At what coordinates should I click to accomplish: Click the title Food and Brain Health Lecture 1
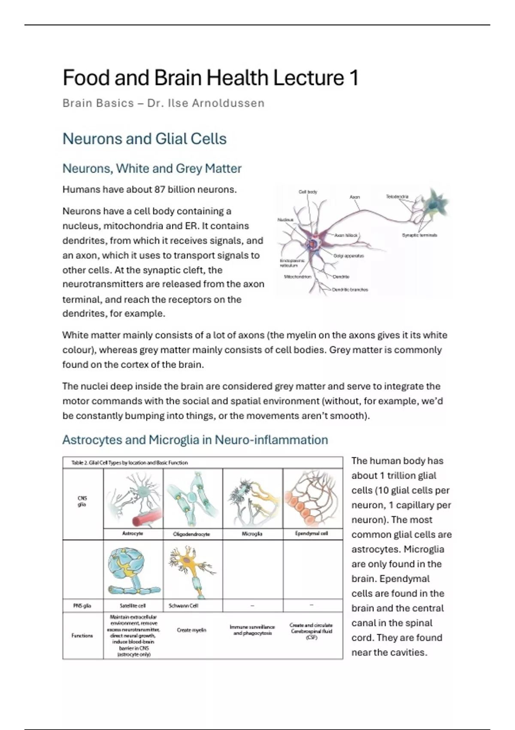pyautogui.click(x=210, y=78)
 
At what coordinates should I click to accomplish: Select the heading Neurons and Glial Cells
pyautogui.click(x=144, y=139)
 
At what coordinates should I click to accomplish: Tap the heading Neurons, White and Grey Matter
pyautogui.click(x=152, y=168)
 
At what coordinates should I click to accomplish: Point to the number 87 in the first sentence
pyautogui.click(x=160, y=189)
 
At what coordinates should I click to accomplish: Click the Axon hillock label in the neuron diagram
pyautogui.click(x=346, y=235)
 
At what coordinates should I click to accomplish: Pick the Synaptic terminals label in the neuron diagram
pyautogui.click(x=419, y=235)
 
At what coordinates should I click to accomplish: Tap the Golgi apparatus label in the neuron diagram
pyautogui.click(x=348, y=256)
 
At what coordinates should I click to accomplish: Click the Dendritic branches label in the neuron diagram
pyautogui.click(x=350, y=289)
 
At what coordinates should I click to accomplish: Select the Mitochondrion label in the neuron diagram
pyautogui.click(x=297, y=277)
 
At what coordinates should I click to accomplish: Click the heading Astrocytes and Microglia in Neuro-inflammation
pyautogui.click(x=195, y=440)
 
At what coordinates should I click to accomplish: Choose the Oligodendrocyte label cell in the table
pyautogui.click(x=191, y=534)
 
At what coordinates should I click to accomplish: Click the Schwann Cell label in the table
pyautogui.click(x=183, y=605)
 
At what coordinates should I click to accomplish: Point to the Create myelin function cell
pyautogui.click(x=191, y=630)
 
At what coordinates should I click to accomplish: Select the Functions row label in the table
pyautogui.click(x=82, y=636)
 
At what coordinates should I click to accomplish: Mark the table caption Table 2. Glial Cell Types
pyautogui.click(x=129, y=463)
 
